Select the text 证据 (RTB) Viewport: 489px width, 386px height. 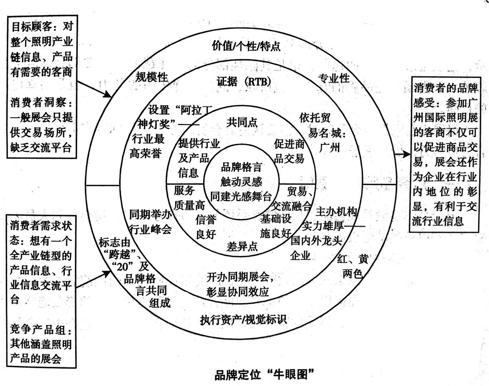pos(244,81)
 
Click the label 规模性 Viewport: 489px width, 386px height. pos(152,77)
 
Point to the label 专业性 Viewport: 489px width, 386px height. pos(334,78)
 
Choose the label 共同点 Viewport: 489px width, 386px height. pos(242,123)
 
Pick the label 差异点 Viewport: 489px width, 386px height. pos(242,246)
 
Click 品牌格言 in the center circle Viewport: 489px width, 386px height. pos(242,167)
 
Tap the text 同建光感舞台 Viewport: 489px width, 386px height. pos(241,196)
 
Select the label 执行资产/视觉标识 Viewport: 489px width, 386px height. pos(243,319)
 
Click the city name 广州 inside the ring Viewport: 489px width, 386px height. pos(330,147)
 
